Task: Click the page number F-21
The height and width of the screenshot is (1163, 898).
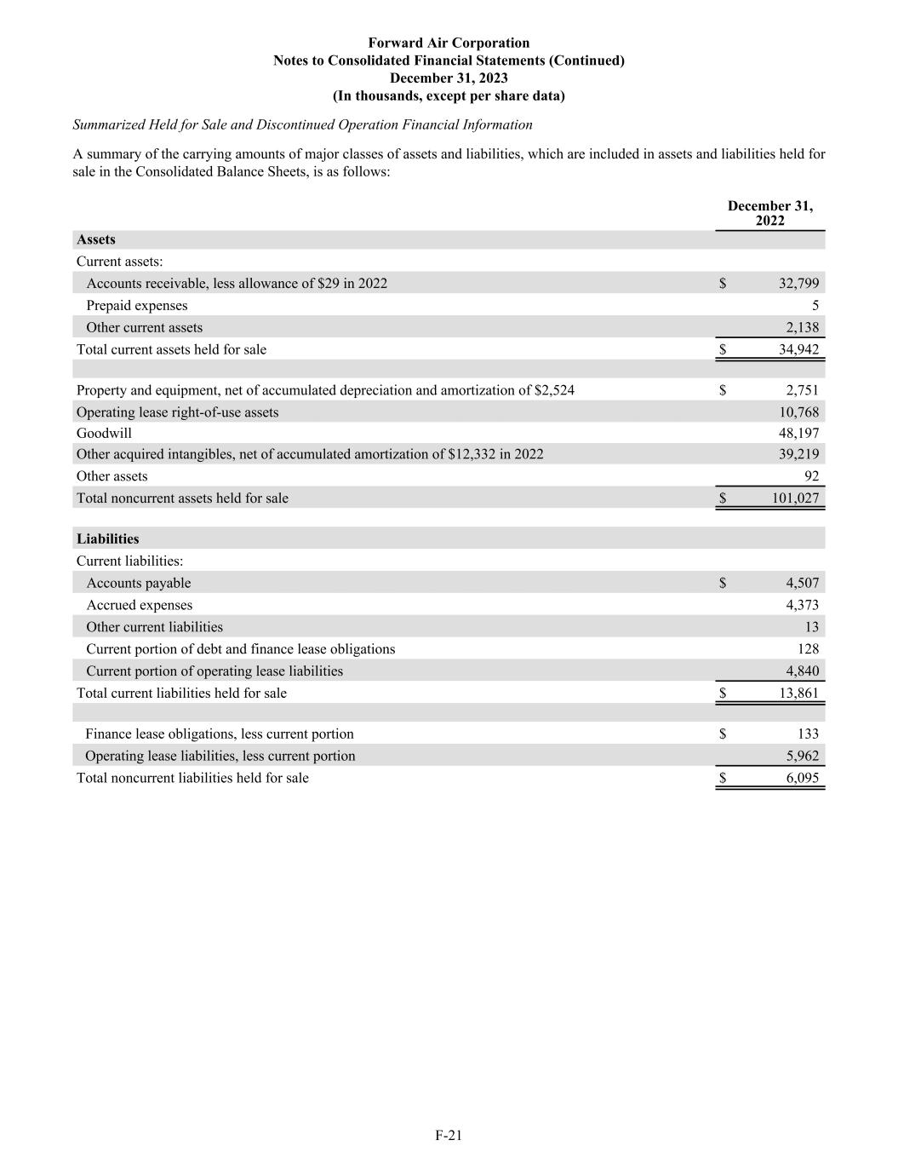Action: click(449, 1135)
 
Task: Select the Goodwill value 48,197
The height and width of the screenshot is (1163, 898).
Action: click(798, 433)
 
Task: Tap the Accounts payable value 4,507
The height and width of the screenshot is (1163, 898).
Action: click(802, 583)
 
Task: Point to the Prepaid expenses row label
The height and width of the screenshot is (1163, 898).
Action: click(136, 305)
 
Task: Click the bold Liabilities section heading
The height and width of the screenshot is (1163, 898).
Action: click(107, 538)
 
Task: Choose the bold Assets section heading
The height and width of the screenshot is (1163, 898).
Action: click(95, 239)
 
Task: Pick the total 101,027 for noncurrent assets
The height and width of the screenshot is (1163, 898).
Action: click(795, 498)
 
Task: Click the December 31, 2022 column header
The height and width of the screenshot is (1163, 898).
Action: click(769, 213)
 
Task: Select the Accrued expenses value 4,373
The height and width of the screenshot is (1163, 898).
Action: click(802, 605)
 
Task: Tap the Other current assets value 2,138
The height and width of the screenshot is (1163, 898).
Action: click(802, 327)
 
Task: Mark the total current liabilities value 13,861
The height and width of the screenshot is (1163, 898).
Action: click(798, 693)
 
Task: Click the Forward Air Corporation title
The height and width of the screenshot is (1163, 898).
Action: click(449, 43)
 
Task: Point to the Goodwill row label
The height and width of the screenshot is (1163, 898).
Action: click(104, 433)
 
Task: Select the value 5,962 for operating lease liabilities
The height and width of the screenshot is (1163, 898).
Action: click(802, 756)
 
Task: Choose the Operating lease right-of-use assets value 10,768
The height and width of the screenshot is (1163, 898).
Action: click(798, 412)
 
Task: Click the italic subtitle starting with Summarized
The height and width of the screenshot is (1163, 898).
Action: click(302, 124)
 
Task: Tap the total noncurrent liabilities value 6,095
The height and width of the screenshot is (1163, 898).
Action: click(802, 778)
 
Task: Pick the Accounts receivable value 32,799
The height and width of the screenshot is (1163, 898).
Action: click(798, 283)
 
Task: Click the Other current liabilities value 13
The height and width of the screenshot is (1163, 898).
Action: click(811, 627)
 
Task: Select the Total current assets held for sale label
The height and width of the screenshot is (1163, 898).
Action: click(171, 349)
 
